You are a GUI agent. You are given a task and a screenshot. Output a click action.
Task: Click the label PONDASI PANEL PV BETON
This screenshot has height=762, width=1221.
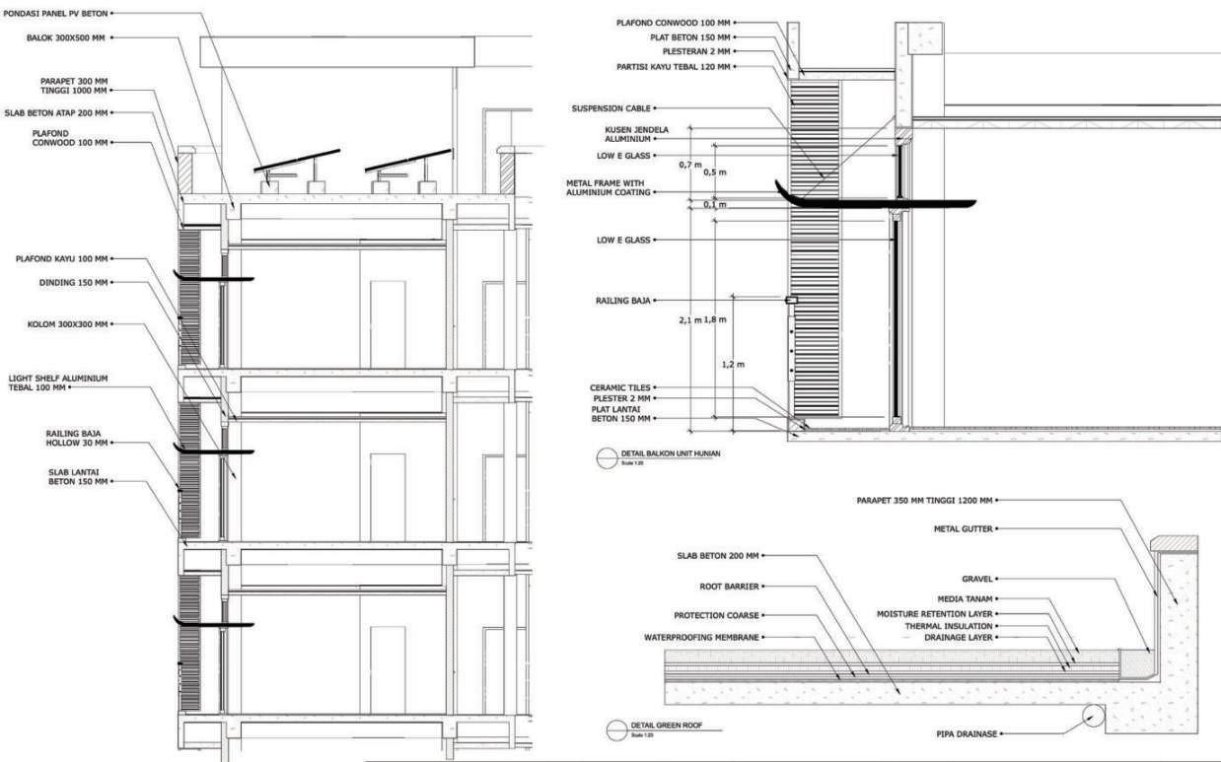(54, 13)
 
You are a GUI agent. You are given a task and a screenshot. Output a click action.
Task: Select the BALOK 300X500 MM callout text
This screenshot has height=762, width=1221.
(65, 37)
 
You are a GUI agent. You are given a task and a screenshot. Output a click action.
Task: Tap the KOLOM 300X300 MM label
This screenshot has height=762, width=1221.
(67, 323)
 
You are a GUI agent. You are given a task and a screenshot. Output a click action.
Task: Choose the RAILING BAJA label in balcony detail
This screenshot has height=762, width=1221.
(622, 300)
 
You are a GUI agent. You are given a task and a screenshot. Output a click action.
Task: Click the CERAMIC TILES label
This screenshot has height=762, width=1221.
(620, 387)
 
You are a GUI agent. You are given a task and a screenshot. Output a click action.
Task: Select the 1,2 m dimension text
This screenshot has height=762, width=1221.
(732, 365)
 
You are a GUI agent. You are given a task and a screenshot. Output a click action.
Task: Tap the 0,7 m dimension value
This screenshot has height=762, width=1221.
(690, 165)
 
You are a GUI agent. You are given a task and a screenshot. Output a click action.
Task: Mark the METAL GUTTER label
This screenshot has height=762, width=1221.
(964, 529)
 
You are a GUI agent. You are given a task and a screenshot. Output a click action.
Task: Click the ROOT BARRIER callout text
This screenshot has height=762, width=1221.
(729, 587)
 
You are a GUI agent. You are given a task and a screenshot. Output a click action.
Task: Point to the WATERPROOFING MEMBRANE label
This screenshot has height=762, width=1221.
(701, 638)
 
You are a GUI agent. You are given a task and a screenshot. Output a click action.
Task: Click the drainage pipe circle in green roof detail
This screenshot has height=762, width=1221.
(1092, 717)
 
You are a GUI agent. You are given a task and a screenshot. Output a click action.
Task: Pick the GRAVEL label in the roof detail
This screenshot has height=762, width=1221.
(976, 579)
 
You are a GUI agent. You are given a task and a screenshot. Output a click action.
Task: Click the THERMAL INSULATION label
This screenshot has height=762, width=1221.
(949, 626)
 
